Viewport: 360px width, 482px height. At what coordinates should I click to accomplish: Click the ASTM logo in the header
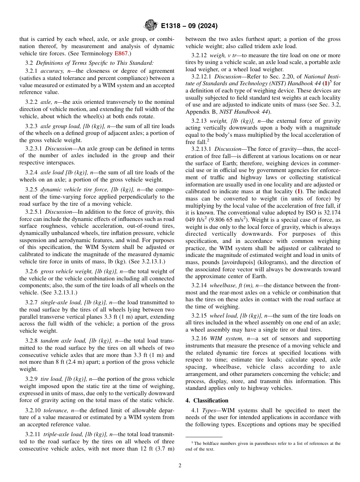pyautogui.click(x=151, y=26)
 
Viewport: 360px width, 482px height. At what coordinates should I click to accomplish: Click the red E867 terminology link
pyautogui.click(x=122, y=53)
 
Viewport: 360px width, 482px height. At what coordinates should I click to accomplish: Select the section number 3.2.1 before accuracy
pyautogui.click(x=32, y=71)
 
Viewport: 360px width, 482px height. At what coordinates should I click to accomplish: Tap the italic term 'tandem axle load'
pyautogui.click(x=63, y=341)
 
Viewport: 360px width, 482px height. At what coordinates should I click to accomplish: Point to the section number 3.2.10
pyautogui.click(x=33, y=410)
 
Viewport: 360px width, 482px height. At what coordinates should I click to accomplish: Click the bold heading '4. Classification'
pyautogui.click(x=207, y=401)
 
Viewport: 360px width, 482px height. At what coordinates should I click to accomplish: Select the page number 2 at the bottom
pyautogui.click(x=180, y=466)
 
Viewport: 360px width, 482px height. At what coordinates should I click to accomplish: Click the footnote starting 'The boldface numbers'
pyautogui.click(x=263, y=446)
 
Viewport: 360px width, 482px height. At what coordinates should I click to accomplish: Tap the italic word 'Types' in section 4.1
pyautogui.click(x=209, y=410)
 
